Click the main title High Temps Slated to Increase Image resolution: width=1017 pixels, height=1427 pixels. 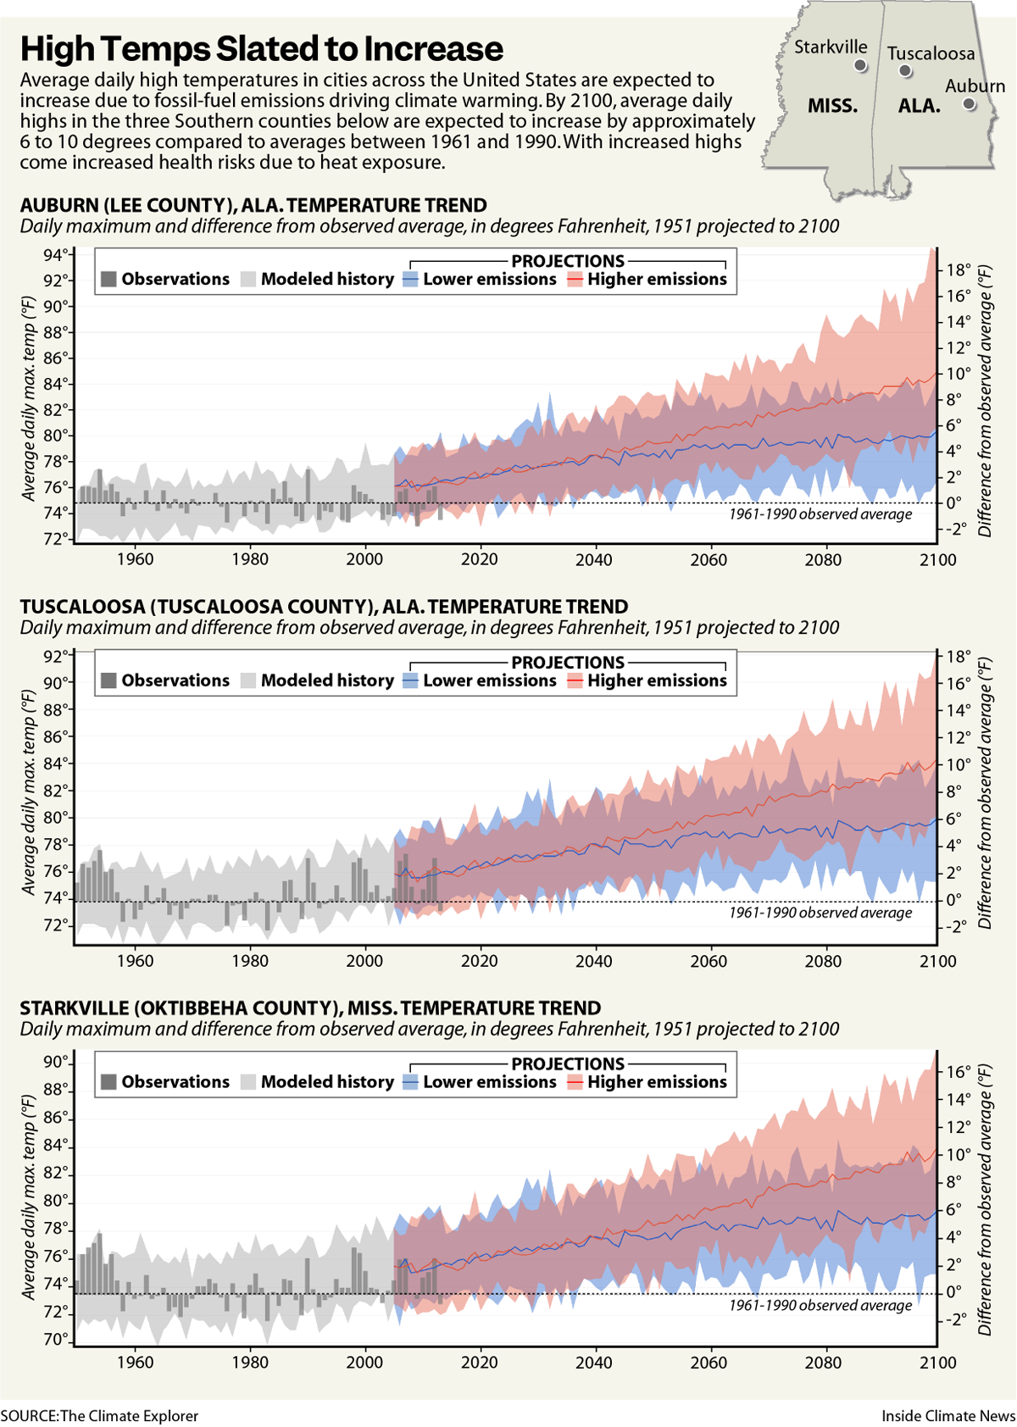[x=261, y=49]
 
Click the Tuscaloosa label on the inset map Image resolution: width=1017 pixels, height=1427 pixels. [x=931, y=53]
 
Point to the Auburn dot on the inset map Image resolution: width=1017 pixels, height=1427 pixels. [x=970, y=104]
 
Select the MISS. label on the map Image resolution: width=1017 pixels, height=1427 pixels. [x=832, y=107]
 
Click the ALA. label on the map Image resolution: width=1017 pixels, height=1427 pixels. [x=919, y=107]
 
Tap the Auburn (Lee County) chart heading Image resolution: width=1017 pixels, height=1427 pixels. [x=253, y=205]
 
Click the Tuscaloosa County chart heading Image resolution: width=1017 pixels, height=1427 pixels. [x=324, y=607]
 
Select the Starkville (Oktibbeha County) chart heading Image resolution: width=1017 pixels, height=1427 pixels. [x=310, y=1008]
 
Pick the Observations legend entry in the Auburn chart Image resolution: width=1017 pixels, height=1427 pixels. [x=165, y=279]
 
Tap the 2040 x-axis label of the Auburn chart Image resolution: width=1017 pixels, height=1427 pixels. [x=594, y=559]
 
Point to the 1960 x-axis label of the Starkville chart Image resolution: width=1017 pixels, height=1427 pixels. [x=135, y=1363]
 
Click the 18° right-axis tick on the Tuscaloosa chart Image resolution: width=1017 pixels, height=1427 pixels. [x=959, y=656]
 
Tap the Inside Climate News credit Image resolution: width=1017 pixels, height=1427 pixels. [x=948, y=1416]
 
